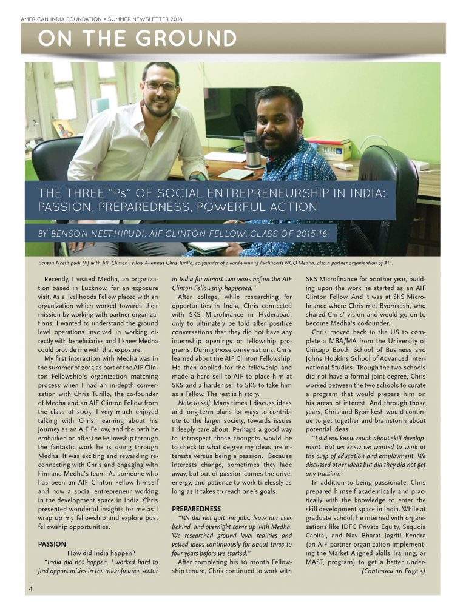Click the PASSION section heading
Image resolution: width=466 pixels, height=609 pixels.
pos(52,544)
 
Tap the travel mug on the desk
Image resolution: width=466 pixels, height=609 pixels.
pos(250,149)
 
